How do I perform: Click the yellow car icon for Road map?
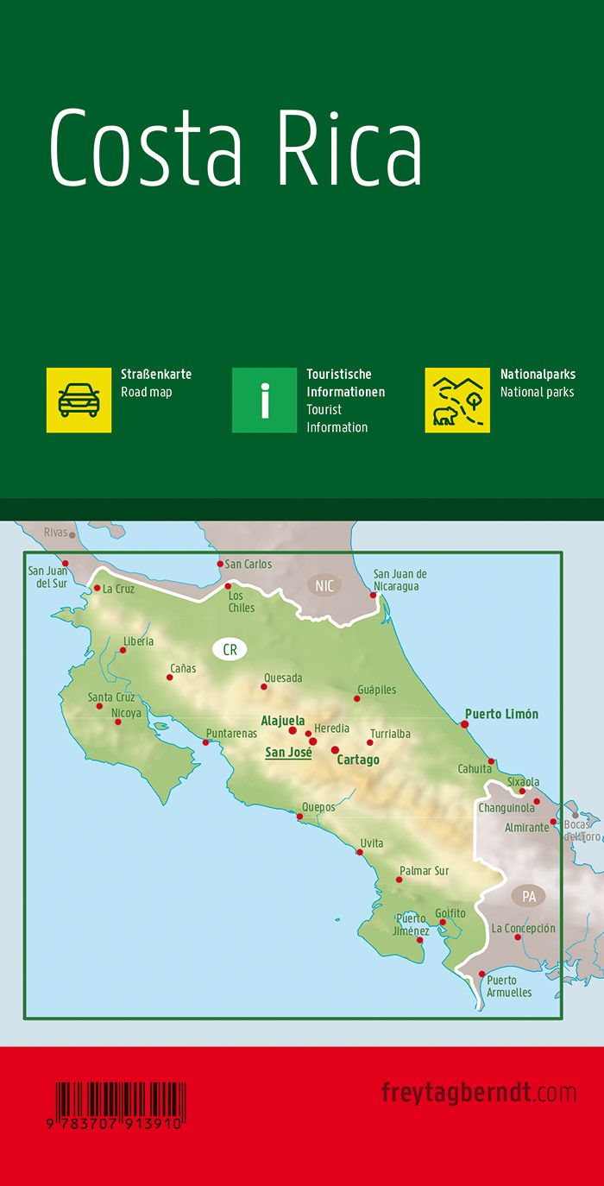coord(79,400)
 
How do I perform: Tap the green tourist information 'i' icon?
coord(265,400)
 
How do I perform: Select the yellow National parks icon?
coord(457,400)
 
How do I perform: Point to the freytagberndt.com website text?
coord(479,1092)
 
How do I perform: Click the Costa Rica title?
coord(236,148)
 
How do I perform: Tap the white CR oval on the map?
coord(230,650)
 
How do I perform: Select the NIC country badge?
coord(324,586)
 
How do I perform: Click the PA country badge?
coord(528,897)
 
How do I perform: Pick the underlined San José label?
coord(288,753)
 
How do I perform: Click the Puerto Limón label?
coord(501,714)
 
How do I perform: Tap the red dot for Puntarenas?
coord(205,742)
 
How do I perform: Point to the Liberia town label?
coord(138,641)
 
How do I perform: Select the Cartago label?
coord(358,760)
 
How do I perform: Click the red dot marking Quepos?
coord(300,816)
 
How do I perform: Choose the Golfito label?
coord(450,913)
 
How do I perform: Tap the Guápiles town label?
coord(375,690)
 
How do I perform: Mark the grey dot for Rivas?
coord(72,535)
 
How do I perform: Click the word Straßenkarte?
coord(156,375)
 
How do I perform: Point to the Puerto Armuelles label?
coord(509,987)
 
